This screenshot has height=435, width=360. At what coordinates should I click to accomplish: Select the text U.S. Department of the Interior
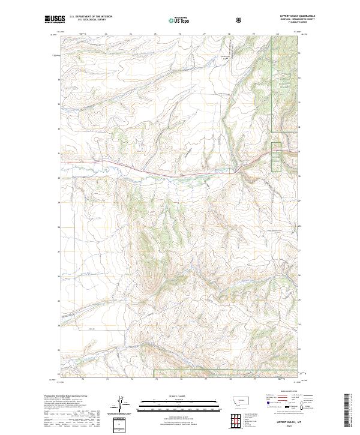(91, 17)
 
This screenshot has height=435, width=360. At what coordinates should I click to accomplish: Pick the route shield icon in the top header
(239, 20)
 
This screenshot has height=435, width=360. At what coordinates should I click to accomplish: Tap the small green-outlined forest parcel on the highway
(276, 157)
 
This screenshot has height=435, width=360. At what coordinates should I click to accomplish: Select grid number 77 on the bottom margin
(205, 380)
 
